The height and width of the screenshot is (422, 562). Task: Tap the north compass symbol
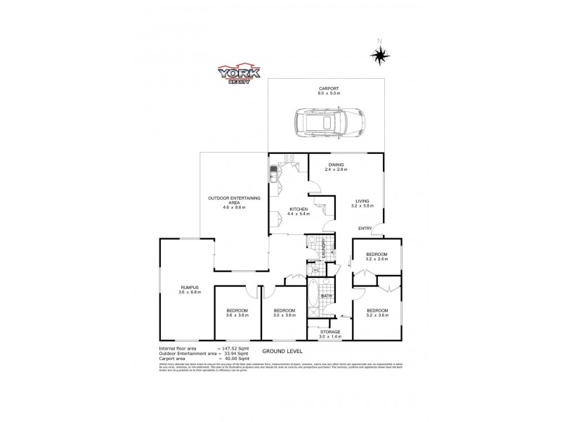(x=380, y=54)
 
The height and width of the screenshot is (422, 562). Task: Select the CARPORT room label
(x=328, y=87)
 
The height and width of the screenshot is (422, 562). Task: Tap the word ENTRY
(x=365, y=228)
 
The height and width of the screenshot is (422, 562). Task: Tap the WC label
(x=316, y=270)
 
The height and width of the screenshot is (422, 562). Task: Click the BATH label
(x=327, y=296)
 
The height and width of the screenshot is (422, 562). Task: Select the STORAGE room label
(x=330, y=331)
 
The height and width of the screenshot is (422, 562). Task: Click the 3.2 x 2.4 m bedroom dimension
(x=377, y=259)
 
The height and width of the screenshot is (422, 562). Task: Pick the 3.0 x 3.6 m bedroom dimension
(x=284, y=315)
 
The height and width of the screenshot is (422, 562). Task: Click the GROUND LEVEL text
(x=281, y=350)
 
